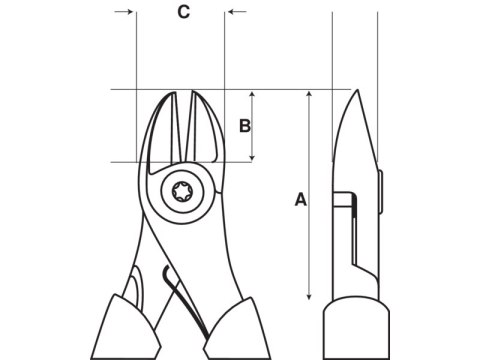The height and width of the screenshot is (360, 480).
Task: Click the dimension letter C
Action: coord(183,12)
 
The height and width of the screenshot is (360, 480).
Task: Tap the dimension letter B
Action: coord(243,126)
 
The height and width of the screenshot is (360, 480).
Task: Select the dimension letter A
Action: coord(300,199)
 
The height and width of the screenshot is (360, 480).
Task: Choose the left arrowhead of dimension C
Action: coord(129,12)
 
